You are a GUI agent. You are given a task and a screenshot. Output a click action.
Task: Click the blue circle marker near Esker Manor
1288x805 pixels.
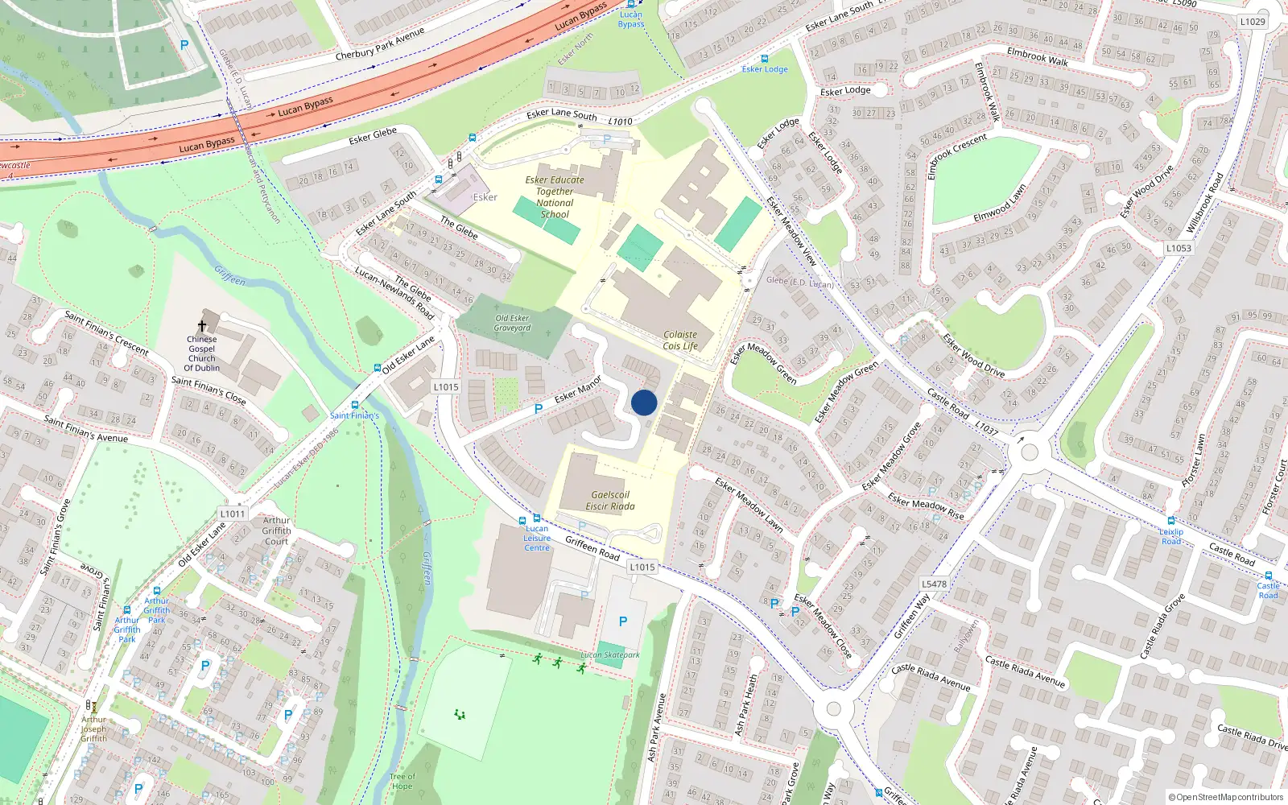644,402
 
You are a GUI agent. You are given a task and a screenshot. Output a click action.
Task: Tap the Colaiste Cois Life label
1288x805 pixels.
680,341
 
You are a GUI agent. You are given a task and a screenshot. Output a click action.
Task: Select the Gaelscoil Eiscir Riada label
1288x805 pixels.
609,501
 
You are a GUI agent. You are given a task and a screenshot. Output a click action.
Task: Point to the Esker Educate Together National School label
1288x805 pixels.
555,197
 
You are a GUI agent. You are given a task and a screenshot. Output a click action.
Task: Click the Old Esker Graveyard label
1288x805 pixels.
512,323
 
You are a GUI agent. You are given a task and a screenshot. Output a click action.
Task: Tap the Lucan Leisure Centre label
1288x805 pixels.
537,539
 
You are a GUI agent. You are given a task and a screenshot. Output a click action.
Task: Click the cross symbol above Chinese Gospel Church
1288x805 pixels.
202,325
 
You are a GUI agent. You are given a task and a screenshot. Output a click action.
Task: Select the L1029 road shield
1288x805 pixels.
1253,22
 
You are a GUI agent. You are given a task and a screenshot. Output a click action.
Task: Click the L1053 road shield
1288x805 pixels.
1179,248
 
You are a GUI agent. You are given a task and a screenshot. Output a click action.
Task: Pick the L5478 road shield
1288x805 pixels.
934,584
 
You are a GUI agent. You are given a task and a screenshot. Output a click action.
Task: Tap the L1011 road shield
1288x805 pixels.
233,514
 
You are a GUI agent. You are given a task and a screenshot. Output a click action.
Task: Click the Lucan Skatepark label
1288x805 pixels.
610,655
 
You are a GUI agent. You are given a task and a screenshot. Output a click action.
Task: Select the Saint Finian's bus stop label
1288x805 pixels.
354,415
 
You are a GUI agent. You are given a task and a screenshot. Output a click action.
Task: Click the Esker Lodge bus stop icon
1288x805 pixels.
765,59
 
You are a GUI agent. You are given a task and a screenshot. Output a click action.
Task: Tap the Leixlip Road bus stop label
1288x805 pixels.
1171,536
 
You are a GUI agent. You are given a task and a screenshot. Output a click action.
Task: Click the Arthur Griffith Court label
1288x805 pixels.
276,530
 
